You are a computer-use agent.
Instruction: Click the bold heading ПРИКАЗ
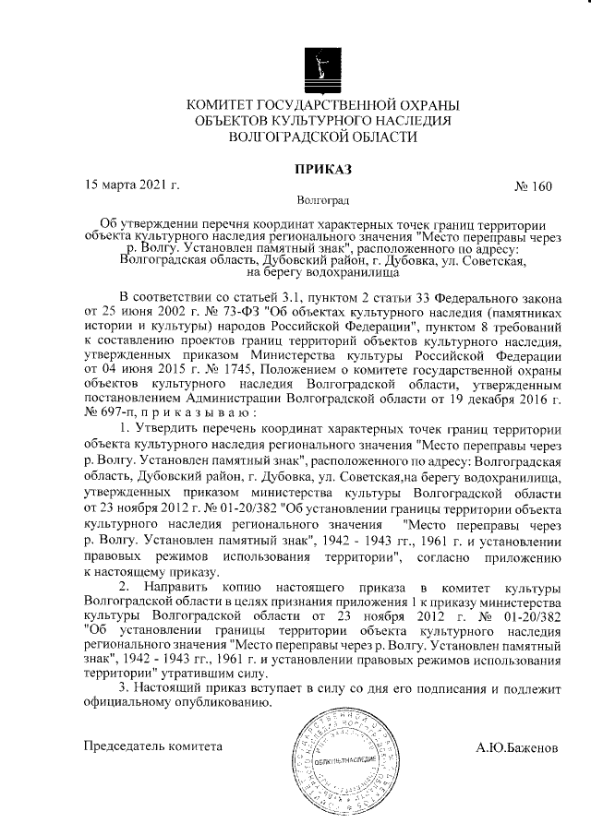coord(323,169)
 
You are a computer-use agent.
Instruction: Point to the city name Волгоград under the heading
coord(322,199)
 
